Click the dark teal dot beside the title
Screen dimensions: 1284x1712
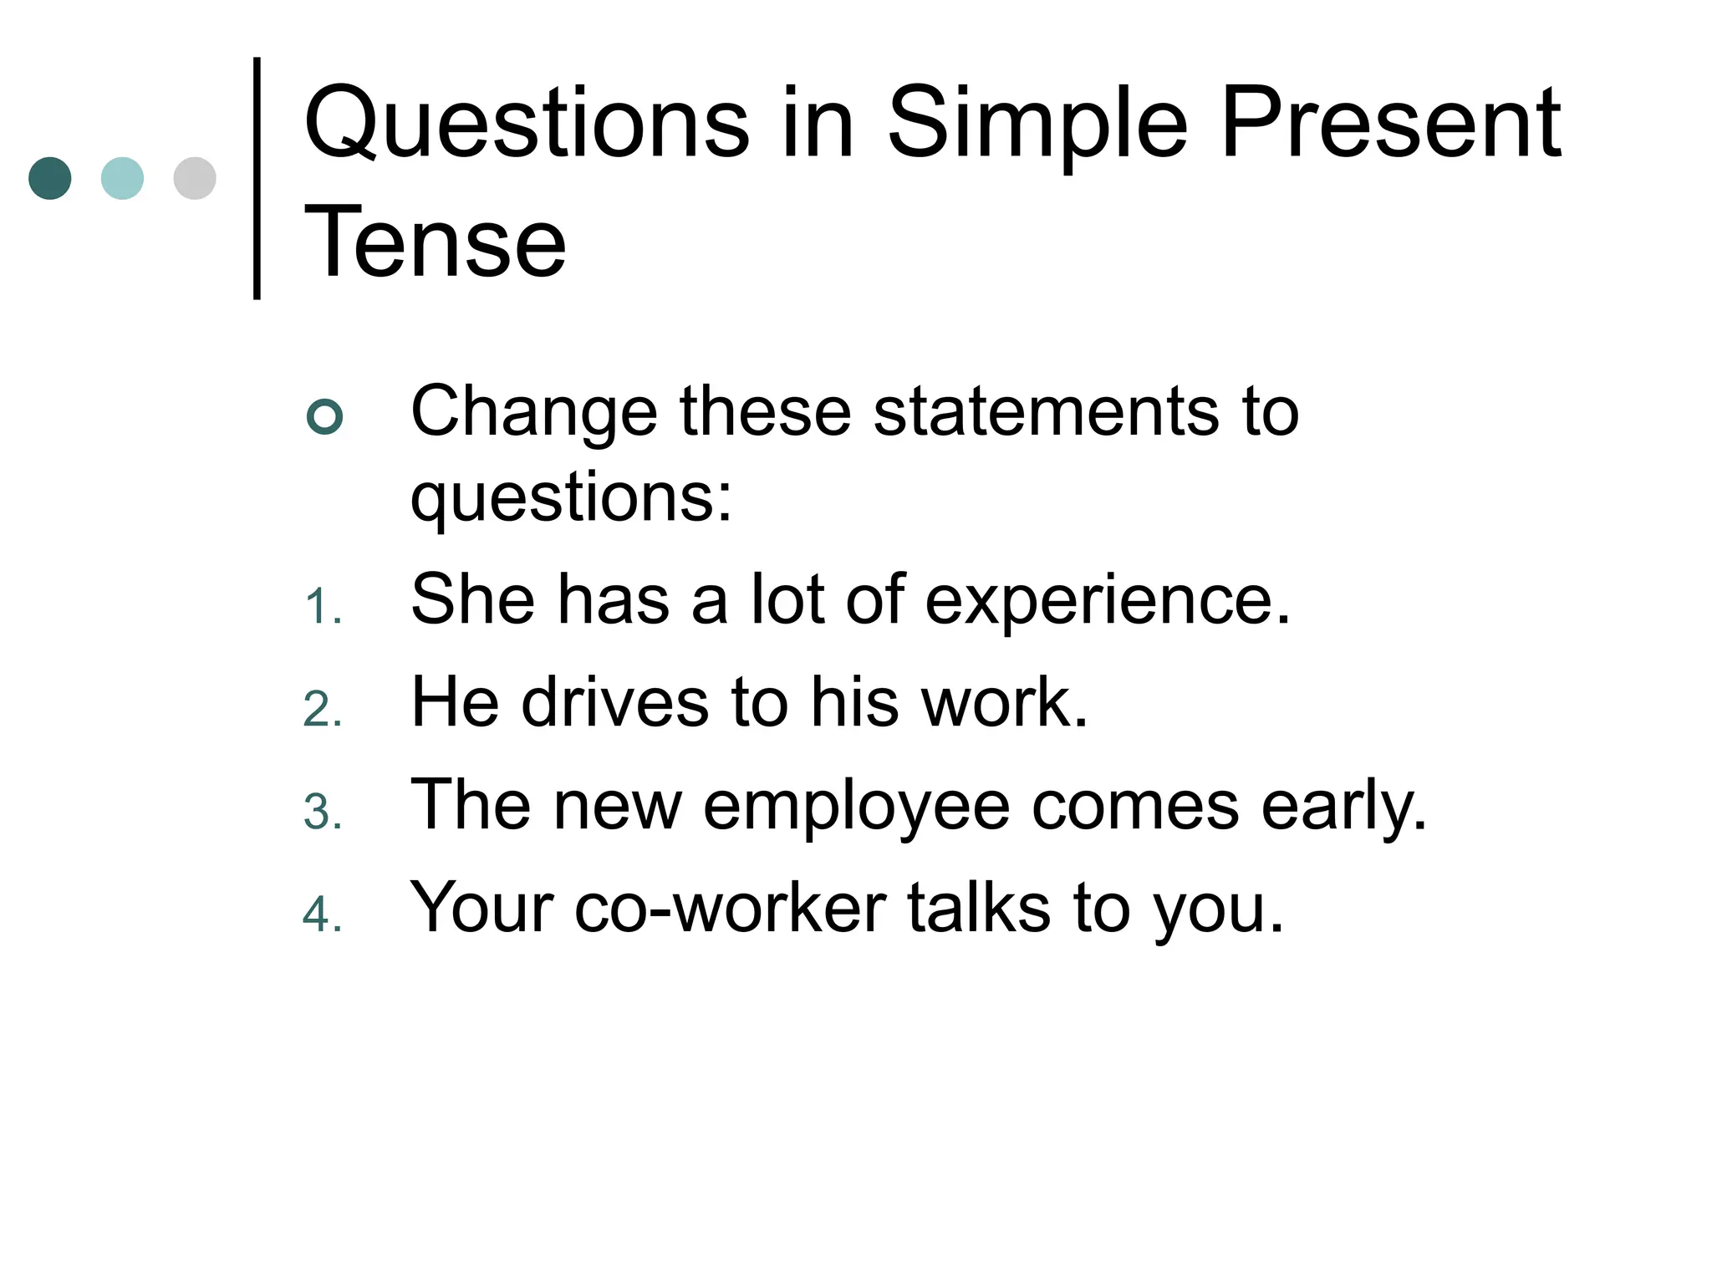click(50, 178)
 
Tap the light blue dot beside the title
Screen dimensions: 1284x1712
click(122, 178)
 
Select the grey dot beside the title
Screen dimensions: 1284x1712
click(195, 178)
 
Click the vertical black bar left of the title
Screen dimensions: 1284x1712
click(257, 178)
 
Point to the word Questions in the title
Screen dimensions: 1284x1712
click(527, 124)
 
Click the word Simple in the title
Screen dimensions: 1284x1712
click(1037, 124)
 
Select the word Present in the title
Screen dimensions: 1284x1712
click(1390, 124)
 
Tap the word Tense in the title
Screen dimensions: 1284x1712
click(436, 243)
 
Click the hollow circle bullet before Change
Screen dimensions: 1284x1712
click(325, 416)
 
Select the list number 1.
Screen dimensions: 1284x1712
click(322, 607)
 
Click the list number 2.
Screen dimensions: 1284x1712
click(322, 711)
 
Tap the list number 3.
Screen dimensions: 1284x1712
click(322, 813)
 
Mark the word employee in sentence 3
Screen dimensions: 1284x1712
click(856, 807)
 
